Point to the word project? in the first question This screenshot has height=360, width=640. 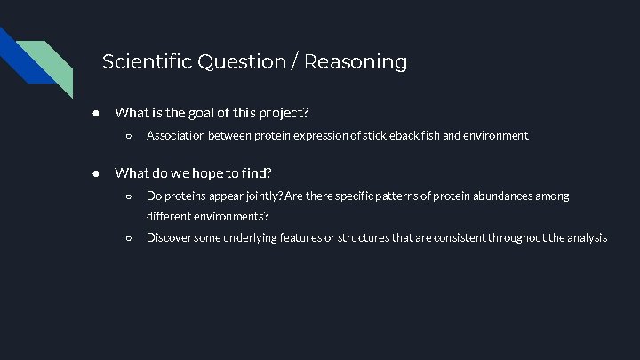(283, 113)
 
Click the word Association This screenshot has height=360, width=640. (176, 136)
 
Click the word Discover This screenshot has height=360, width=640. (169, 237)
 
